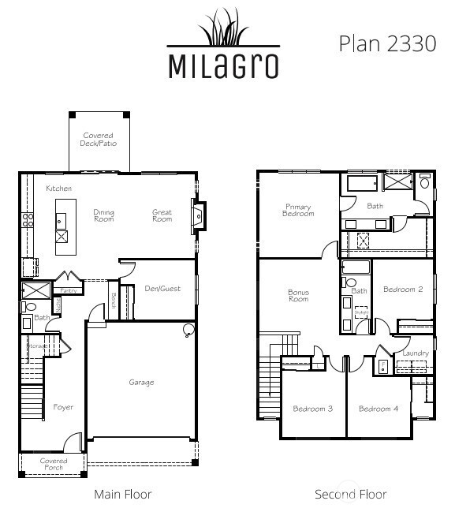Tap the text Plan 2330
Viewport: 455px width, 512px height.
point(387,43)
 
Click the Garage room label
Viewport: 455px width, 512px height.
point(141,383)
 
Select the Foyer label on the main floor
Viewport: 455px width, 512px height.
point(63,407)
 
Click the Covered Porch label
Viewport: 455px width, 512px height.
point(54,465)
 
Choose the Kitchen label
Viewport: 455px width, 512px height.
point(58,189)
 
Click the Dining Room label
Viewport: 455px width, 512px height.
point(104,215)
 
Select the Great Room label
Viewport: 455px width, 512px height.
point(162,215)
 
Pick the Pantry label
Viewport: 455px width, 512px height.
point(68,290)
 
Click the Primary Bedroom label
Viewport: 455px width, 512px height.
point(297,210)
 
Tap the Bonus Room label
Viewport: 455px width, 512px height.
point(298,296)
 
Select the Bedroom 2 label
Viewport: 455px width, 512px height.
point(403,290)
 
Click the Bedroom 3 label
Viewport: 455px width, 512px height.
point(312,409)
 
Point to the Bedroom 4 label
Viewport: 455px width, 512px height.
point(379,409)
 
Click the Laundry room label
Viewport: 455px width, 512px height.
point(416,353)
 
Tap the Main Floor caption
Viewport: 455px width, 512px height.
point(122,495)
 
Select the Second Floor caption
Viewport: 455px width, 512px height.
point(350,495)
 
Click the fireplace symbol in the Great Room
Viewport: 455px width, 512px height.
point(198,214)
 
